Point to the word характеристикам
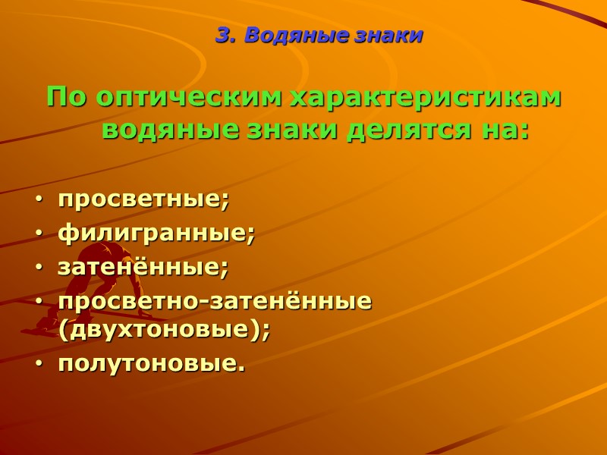[426, 99]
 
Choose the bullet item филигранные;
[156, 234]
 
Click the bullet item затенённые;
[143, 267]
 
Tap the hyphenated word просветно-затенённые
[215, 301]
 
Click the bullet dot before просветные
[39, 201]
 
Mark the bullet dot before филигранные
[39, 234]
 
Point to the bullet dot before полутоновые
[39, 365]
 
